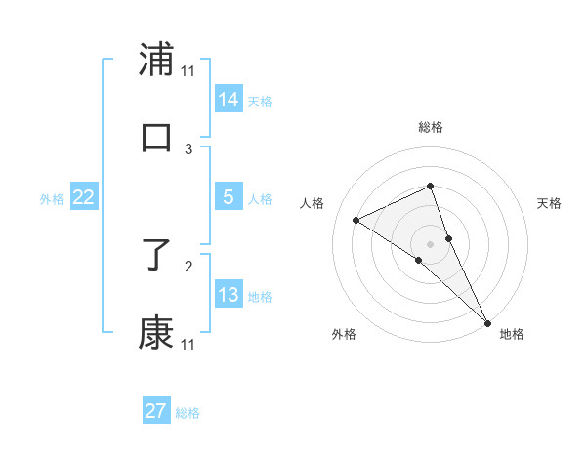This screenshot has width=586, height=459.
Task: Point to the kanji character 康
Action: click(156, 333)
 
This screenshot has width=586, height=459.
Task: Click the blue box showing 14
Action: click(229, 99)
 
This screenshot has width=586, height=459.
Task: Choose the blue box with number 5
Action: click(229, 197)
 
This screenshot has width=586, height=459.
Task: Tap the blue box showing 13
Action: click(229, 295)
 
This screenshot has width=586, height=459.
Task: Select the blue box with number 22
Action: click(84, 197)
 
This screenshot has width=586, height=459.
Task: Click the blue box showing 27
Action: click(156, 411)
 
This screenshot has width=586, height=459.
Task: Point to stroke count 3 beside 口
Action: click(188, 148)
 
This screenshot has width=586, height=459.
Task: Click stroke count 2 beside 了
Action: click(188, 264)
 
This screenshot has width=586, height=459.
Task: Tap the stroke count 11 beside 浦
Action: click(188, 70)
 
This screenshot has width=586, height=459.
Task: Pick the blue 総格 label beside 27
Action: click(188, 413)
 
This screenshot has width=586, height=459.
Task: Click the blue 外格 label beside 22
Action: click(52, 199)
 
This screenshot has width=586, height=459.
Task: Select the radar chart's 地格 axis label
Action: click(512, 334)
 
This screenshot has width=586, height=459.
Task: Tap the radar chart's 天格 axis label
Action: click(549, 203)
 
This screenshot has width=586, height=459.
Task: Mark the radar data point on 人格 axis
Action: click(356, 220)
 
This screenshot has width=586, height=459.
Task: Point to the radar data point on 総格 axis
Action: click(430, 186)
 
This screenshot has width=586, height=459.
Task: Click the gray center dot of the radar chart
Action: click(430, 243)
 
